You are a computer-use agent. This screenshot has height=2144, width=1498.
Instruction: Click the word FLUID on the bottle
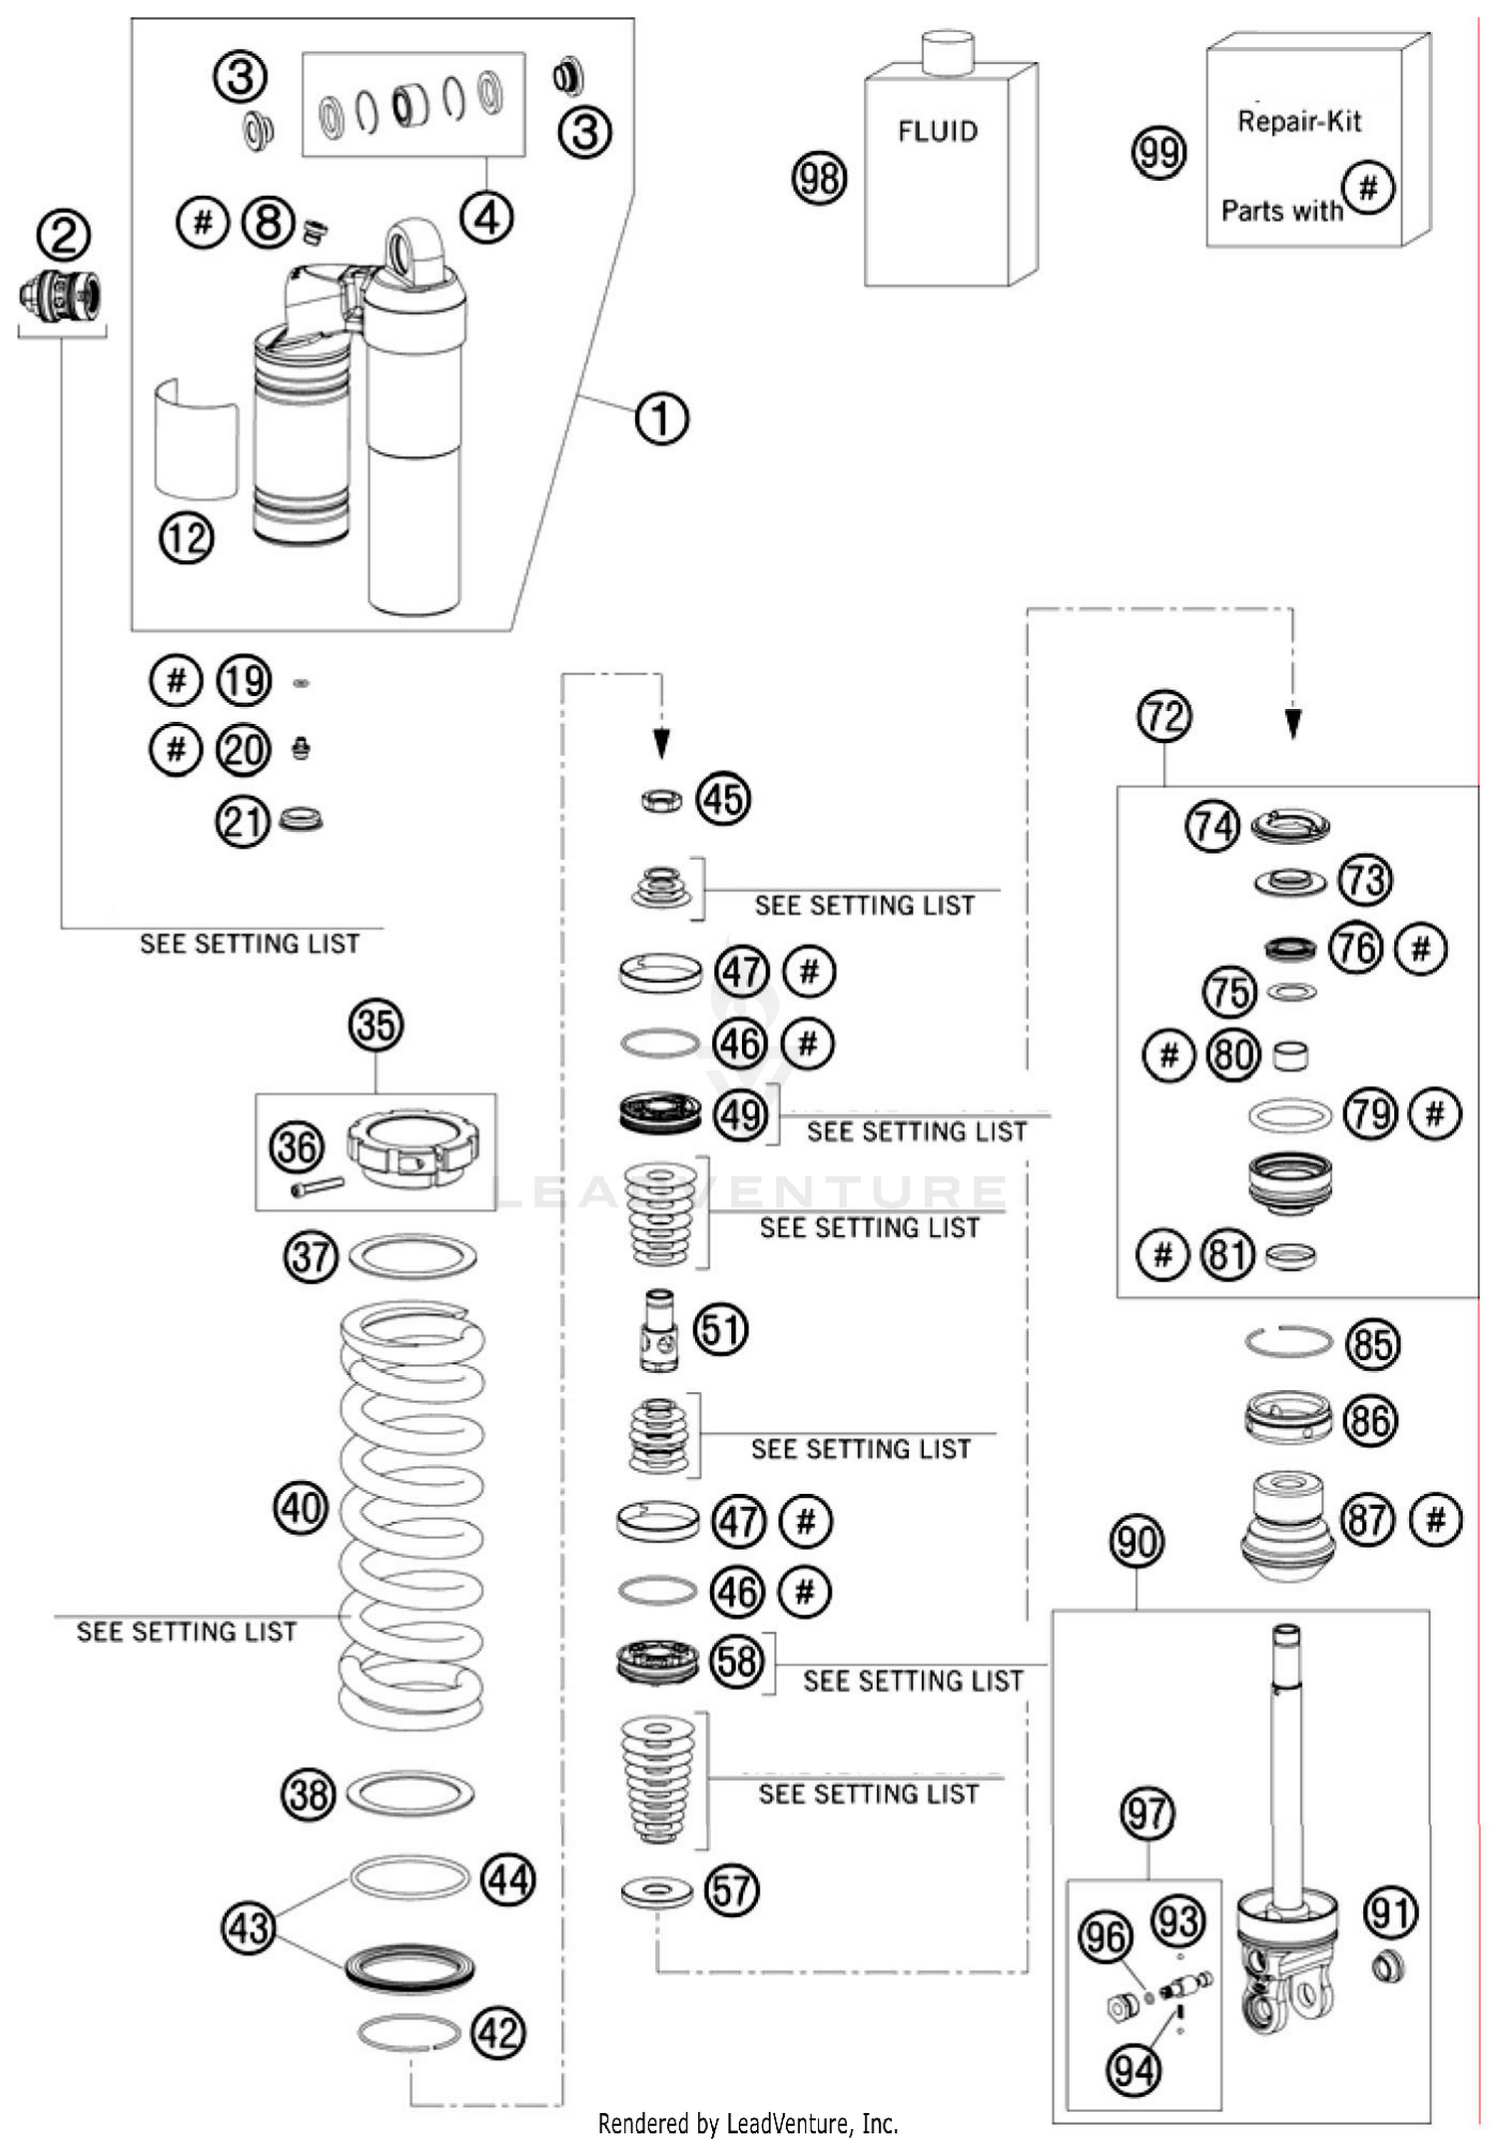coord(937,132)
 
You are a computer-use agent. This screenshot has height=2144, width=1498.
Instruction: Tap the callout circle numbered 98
coord(819,179)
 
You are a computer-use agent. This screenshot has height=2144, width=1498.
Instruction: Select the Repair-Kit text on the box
coord(1298,122)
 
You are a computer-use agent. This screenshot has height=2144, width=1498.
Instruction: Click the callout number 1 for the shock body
coord(661,418)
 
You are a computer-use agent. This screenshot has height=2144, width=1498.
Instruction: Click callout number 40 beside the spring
coord(301,1508)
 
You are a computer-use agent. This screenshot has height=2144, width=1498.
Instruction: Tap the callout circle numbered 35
coord(375,1026)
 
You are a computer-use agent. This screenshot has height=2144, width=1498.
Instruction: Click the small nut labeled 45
coord(660,800)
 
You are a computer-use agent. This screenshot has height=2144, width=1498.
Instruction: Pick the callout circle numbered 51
coord(720,1330)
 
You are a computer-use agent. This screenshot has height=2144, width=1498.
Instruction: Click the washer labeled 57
coord(656,1891)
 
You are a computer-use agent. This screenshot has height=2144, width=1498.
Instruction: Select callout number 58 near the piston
coord(737,1662)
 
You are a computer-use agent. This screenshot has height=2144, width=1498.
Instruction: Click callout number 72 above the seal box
coord(1163,716)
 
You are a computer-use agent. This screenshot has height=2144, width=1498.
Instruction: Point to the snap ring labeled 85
coord(1288,1342)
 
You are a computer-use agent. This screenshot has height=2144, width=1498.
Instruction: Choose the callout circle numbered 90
coord(1136,1543)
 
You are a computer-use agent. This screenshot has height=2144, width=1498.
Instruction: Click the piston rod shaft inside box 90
coord(1286,1758)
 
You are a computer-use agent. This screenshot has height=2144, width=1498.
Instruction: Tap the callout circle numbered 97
coord(1146,1813)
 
